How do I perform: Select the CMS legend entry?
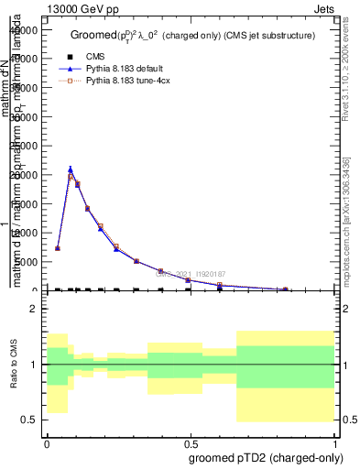click(x=96, y=56)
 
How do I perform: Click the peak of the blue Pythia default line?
click(x=71, y=169)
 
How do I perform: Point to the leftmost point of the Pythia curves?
click(x=58, y=248)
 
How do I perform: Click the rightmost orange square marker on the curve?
click(x=285, y=289)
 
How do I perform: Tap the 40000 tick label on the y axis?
click(x=24, y=29)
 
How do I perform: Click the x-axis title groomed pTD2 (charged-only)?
click(x=266, y=457)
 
